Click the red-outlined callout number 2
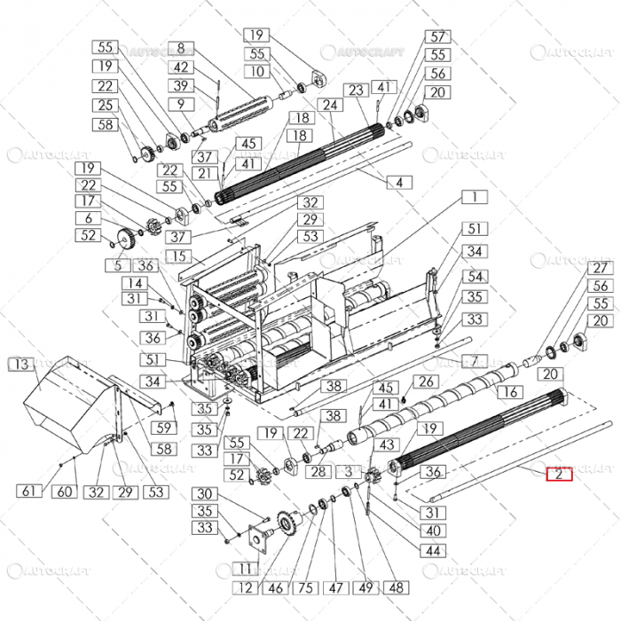click(x=560, y=473)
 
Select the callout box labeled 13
click(x=20, y=364)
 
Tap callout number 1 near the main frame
click(x=475, y=197)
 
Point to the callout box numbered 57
click(x=437, y=36)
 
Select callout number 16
click(x=508, y=392)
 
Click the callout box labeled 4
click(x=398, y=182)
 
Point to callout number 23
click(x=356, y=90)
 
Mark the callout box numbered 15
click(x=178, y=256)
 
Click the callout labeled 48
click(x=396, y=587)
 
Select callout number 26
click(x=428, y=382)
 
